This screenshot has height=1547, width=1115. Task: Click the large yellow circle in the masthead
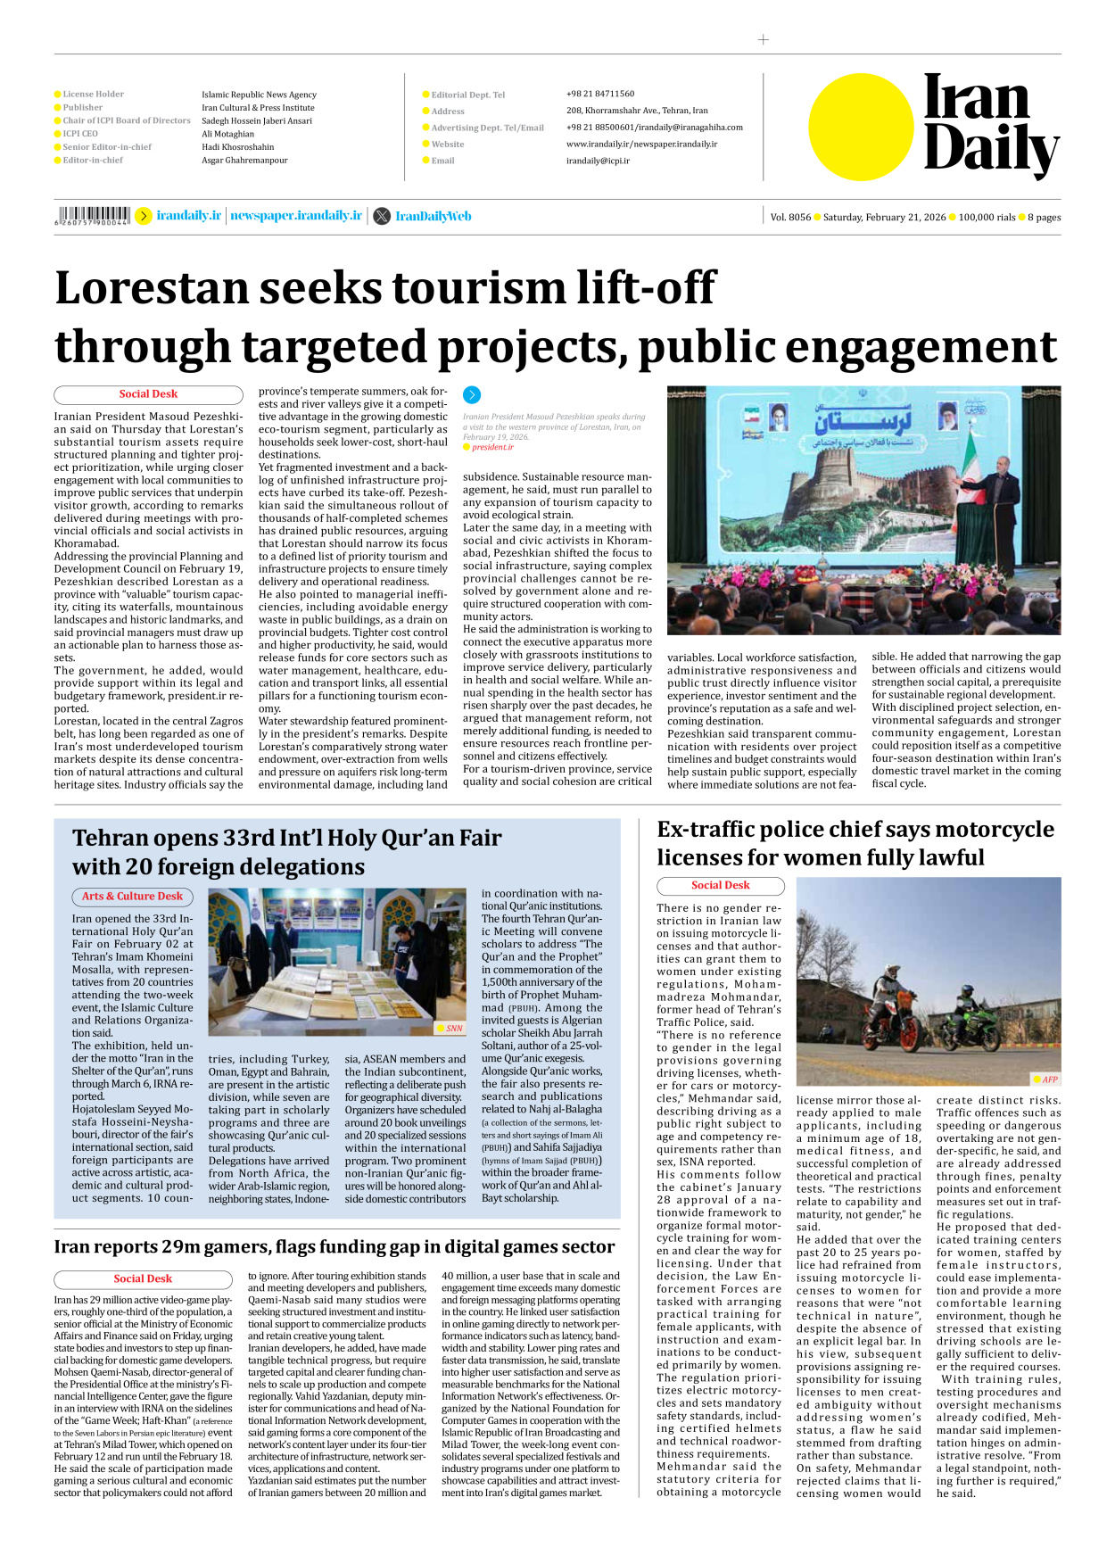861,127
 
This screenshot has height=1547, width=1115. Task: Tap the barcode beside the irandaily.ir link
93,215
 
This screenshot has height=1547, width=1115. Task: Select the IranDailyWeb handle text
433,216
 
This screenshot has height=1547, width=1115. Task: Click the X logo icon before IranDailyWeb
382,216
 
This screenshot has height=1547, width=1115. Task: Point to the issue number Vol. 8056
790,217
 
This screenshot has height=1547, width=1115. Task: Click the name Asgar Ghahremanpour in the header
244,161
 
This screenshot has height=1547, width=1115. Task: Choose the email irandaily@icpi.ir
598,161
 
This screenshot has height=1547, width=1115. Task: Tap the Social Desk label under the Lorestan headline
148,393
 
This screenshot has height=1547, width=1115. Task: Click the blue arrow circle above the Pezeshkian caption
472,394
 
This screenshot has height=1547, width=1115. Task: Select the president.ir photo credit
492,447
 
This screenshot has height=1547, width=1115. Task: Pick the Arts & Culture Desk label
132,896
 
